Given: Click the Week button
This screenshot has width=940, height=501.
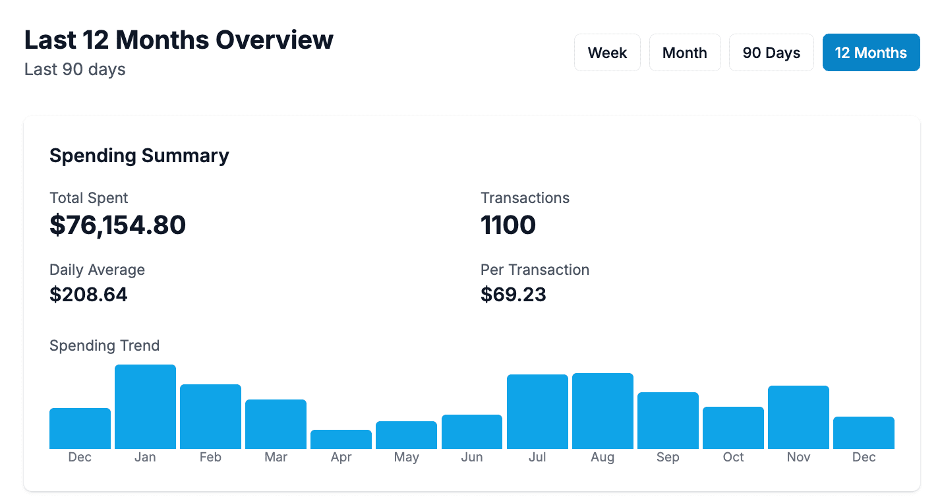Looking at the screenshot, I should click(607, 53).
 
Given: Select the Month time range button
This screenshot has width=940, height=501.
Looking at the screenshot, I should click(684, 53).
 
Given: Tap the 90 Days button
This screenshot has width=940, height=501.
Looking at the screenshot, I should click(771, 53).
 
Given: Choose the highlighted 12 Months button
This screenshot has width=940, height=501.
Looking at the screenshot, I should click(871, 53).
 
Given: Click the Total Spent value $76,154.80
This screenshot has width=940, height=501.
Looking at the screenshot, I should click(117, 225).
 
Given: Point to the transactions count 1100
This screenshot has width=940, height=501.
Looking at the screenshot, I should click(508, 225).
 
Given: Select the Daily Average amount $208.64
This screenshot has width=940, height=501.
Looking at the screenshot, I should click(88, 294).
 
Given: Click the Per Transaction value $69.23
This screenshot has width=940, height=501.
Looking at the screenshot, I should click(514, 294).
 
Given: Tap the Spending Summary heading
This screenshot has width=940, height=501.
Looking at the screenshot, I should click(139, 156).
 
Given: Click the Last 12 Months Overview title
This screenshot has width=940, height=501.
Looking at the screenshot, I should click(179, 40).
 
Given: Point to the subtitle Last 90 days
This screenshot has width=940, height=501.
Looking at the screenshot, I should click(74, 69).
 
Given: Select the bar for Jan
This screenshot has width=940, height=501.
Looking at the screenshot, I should click(145, 407).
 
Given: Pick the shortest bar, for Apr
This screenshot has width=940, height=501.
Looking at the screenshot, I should click(341, 440).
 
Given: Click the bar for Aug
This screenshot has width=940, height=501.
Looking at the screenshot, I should click(602, 411).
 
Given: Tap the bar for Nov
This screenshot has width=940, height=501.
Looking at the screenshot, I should click(798, 417).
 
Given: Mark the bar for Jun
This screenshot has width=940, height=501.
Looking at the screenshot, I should click(472, 432).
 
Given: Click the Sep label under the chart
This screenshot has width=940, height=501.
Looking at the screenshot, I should click(668, 457).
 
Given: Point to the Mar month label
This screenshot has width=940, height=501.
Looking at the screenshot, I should click(276, 457).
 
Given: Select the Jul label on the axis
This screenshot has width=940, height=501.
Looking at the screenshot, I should click(537, 457).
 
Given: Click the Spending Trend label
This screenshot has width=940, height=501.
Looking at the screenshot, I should click(104, 345).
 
